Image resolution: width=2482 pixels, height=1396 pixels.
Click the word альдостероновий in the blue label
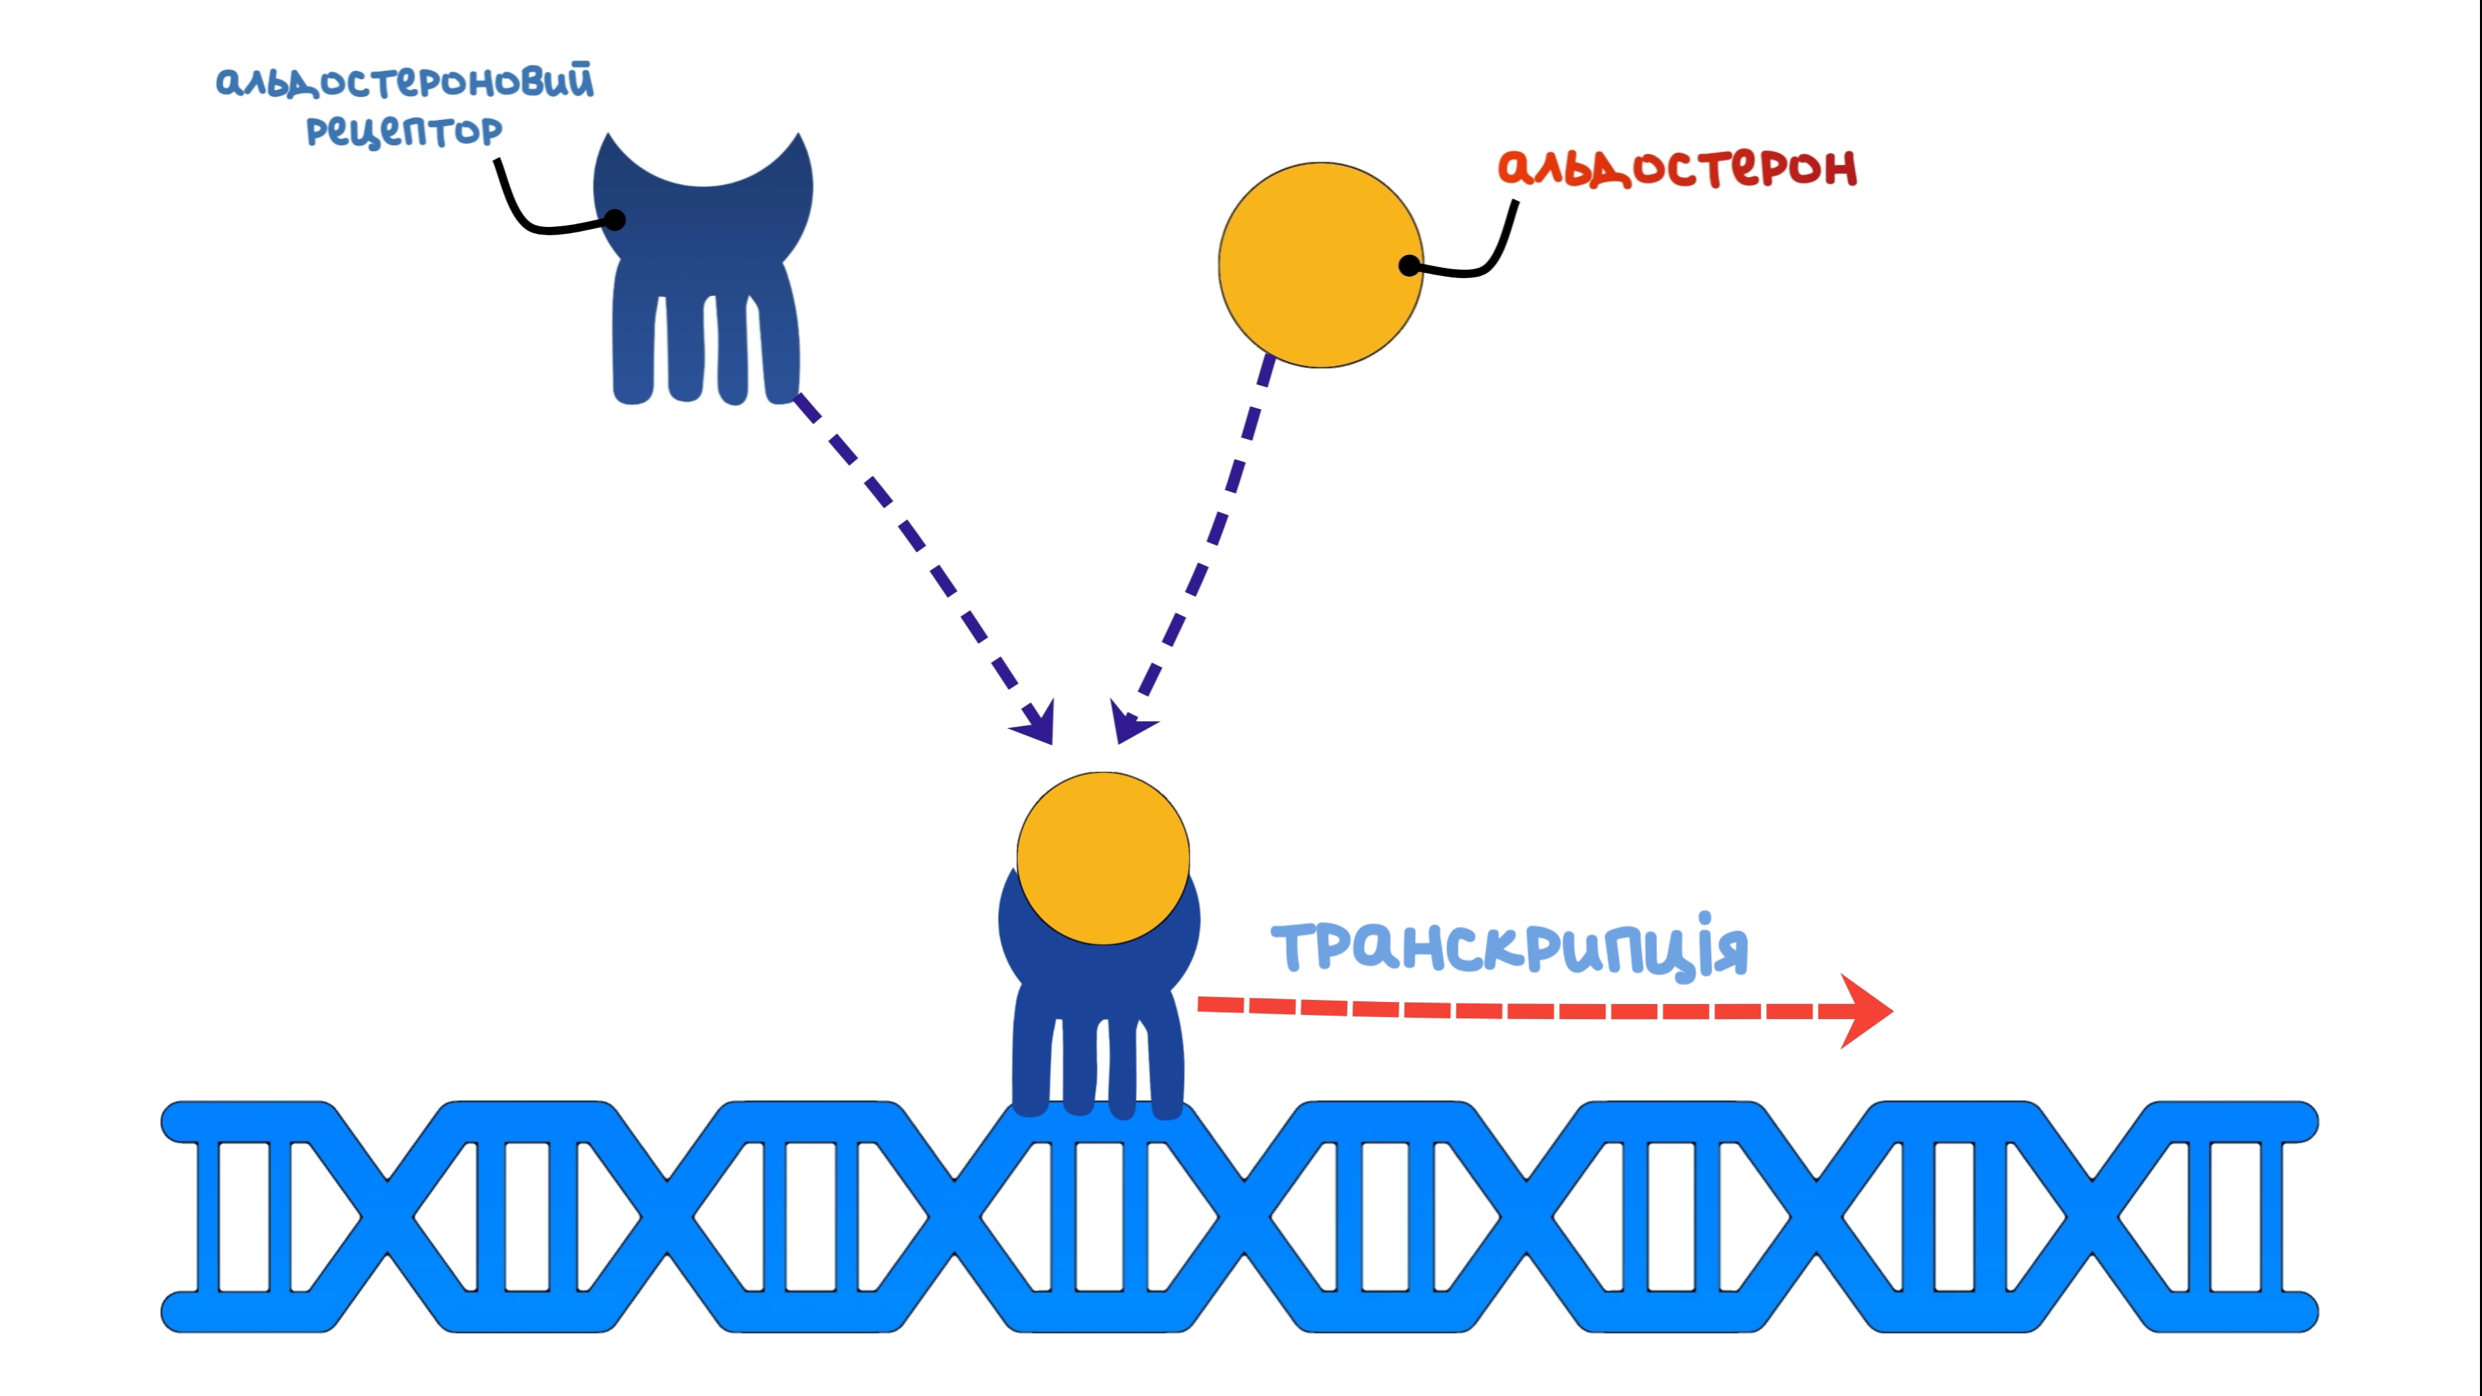point(405,81)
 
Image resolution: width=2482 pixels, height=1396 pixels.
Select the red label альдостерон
point(1676,168)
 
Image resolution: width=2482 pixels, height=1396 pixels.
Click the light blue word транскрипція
point(1509,946)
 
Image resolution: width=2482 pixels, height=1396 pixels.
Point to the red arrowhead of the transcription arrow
point(1864,1011)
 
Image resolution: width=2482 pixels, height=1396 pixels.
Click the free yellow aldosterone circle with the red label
point(1321,265)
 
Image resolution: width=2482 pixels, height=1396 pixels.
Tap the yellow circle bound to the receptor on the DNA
point(1103,858)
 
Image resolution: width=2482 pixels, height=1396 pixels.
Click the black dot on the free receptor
point(615,221)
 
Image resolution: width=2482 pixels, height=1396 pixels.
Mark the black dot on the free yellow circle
point(1410,265)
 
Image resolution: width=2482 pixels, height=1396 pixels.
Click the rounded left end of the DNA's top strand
point(178,1121)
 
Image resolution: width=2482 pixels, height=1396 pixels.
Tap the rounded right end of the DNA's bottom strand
point(2301,1312)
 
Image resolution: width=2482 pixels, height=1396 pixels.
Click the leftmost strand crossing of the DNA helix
point(387,1217)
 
